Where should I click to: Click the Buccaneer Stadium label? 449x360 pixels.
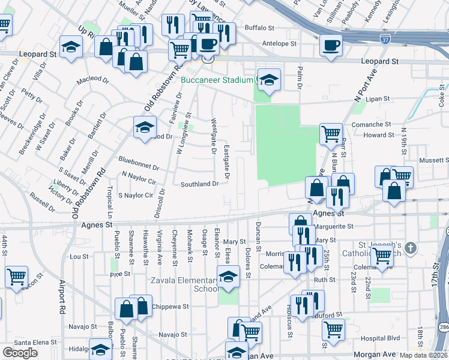[215, 78]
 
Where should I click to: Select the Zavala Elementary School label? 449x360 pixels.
[190, 284]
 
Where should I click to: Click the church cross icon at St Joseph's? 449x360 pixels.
[411, 248]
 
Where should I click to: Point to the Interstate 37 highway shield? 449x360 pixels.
[384, 39]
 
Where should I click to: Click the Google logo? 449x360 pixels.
[20, 353]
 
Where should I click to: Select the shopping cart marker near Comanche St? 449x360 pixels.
[330, 134]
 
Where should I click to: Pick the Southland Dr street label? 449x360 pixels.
[200, 184]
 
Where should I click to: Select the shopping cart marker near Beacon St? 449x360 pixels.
[16, 277]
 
